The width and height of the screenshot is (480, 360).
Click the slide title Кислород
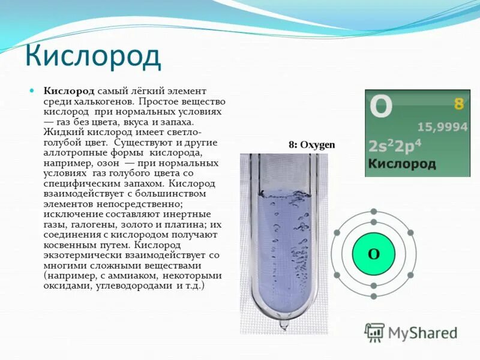coord(92,56)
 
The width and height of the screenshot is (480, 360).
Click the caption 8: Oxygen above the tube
coord(311,145)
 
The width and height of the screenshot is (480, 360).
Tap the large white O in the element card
coord(380,107)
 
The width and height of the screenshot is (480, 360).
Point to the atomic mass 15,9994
coord(442,126)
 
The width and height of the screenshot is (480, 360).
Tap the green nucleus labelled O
coord(373,254)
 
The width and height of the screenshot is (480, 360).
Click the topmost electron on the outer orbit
coord(373,212)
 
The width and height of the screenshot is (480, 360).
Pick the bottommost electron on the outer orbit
coord(373,296)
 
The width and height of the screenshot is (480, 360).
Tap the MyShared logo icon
coord(375,332)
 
